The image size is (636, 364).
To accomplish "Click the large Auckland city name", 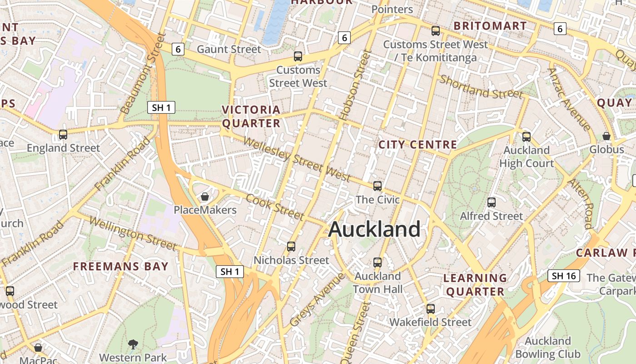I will [x=374, y=229].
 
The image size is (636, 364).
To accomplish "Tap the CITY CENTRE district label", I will [x=417, y=145].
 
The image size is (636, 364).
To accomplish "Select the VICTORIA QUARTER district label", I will [x=251, y=116].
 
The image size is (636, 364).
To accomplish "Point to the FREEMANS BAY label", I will [x=121, y=266].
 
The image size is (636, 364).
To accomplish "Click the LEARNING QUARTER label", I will [x=475, y=284].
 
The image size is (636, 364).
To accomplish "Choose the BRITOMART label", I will [x=490, y=26].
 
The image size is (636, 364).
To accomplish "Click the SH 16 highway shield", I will [x=564, y=276].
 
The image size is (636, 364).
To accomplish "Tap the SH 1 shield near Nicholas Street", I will [x=229, y=272].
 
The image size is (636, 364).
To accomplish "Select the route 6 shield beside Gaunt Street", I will [x=178, y=49].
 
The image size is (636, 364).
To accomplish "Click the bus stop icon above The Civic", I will [x=378, y=186].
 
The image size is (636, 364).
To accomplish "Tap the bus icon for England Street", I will [x=63, y=135].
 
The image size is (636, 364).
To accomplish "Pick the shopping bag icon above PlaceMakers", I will [x=205, y=197].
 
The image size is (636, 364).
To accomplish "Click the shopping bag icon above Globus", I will [x=606, y=136].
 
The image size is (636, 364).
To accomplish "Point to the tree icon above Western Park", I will [x=133, y=344].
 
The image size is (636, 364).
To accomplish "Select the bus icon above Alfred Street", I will [x=491, y=202].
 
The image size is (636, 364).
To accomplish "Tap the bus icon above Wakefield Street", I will [x=430, y=308].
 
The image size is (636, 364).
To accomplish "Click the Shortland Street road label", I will [x=481, y=87].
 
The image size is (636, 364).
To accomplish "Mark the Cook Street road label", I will [x=274, y=206].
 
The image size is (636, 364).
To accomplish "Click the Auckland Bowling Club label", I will [x=547, y=348].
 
